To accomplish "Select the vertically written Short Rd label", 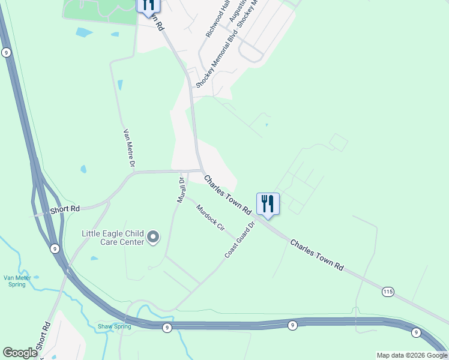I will (x=47, y=337).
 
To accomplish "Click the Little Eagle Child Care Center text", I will (x=113, y=238).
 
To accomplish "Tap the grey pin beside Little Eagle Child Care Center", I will (x=153, y=238).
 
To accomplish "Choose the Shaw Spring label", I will (x=114, y=326).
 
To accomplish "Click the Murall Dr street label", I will (x=180, y=190).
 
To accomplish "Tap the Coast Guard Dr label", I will (x=240, y=239).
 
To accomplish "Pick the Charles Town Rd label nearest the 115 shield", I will (x=316, y=254).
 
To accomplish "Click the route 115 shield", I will (x=388, y=292).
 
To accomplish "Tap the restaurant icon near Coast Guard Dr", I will (x=267, y=204).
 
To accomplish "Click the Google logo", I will (x=20, y=353).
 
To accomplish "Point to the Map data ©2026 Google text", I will (x=412, y=355).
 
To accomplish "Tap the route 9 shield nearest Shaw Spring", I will (x=167, y=327).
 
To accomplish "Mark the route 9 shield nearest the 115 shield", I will (x=415, y=332).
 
